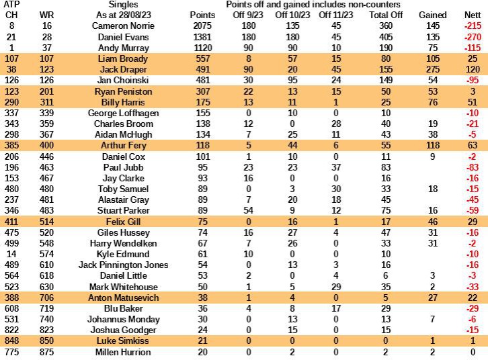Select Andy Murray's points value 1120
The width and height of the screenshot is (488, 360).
pos(202,47)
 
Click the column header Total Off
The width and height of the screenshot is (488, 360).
pos(386,14)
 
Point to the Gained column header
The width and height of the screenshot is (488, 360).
pos(432,14)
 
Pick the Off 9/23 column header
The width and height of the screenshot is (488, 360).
pos(248,14)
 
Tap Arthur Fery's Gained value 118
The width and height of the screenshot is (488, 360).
pos(432,124)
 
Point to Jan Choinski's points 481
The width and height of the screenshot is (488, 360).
pos(202,80)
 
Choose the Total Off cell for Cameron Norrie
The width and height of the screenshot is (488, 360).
pos(386,25)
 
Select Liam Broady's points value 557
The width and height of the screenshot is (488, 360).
pos(202,58)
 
